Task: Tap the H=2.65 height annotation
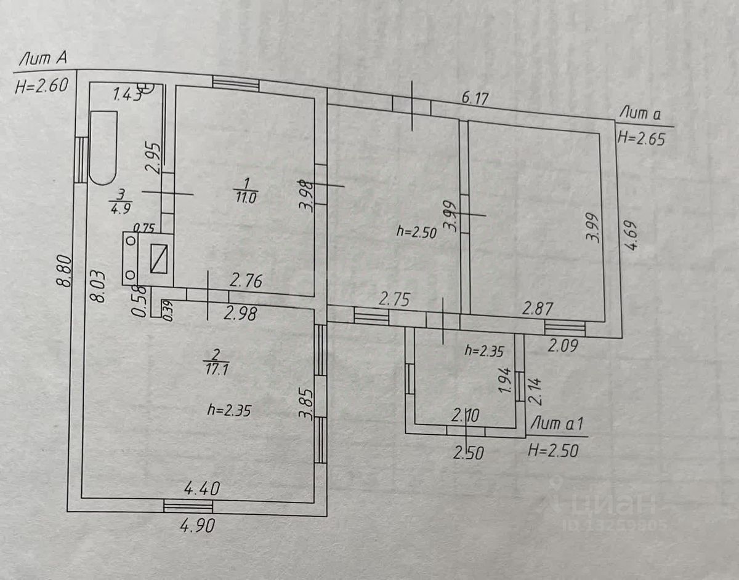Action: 642,138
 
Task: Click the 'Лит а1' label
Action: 557,424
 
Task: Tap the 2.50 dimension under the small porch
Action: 469,453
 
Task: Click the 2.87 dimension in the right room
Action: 537,308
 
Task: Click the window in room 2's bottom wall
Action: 188,506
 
